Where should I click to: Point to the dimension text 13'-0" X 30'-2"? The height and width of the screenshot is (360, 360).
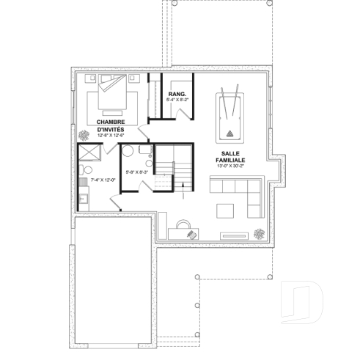coord(230,167)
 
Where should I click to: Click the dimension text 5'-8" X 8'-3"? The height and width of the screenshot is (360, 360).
coord(137,172)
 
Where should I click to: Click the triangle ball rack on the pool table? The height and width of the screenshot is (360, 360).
coord(229,133)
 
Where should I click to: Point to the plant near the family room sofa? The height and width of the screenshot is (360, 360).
coord(260,233)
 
